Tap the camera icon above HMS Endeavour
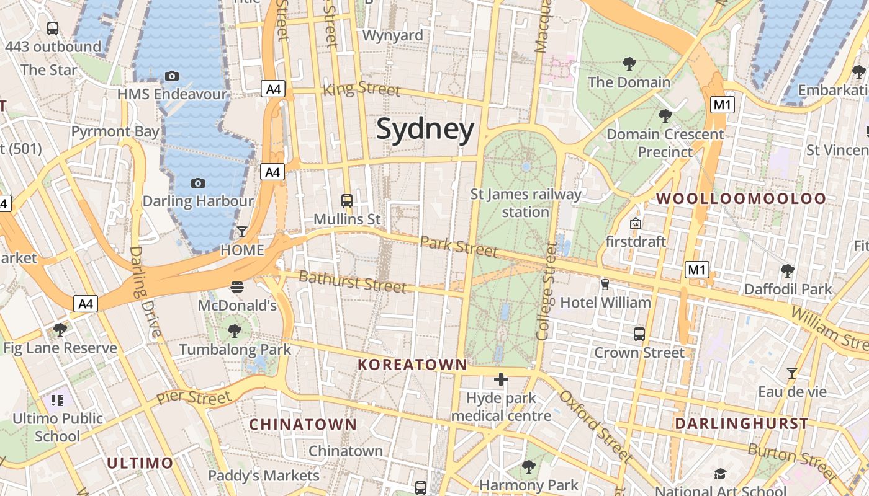(172, 76)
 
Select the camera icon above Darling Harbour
(198, 183)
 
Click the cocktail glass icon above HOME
(242, 232)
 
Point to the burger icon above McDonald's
(237, 286)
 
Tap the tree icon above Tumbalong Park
(235, 330)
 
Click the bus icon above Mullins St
(347, 200)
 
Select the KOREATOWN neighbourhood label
(412, 365)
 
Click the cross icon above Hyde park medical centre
(501, 379)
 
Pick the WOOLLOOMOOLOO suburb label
(741, 199)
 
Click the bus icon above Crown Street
(639, 334)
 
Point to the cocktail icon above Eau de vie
(791, 373)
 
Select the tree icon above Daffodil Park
(788, 270)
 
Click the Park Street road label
(459, 246)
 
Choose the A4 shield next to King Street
(273, 89)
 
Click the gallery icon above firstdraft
(635, 223)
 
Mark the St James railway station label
(526, 203)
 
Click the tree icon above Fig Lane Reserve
(60, 329)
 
